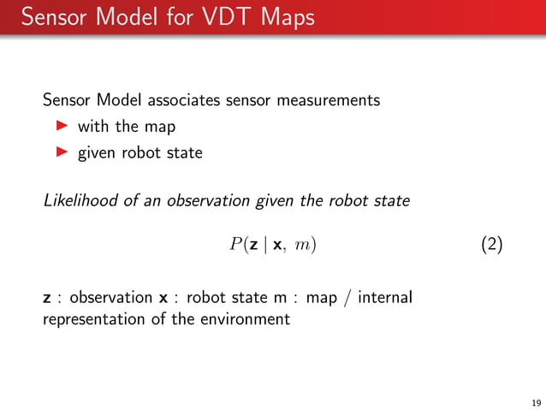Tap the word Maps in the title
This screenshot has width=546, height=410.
point(283,17)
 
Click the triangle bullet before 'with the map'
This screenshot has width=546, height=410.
point(61,127)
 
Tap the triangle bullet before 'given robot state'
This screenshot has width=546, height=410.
point(61,153)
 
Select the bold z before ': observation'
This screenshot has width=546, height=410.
point(47,299)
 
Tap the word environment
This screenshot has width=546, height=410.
point(248,321)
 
